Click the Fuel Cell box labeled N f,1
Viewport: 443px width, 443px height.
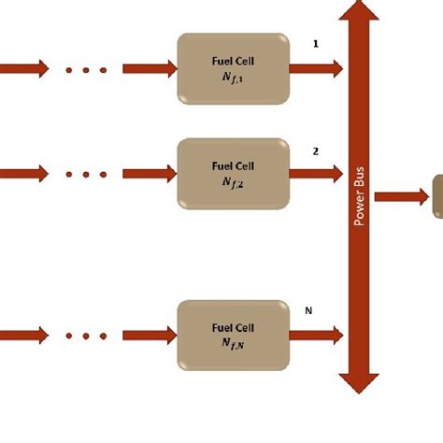click(234, 68)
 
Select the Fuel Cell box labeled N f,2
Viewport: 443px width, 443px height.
click(234, 174)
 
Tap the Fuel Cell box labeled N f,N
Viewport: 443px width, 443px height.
click(234, 336)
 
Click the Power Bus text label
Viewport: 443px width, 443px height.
click(359, 196)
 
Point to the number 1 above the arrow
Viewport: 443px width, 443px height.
click(316, 44)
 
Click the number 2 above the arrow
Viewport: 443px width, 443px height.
click(316, 151)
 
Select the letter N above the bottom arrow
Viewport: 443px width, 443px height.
click(308, 310)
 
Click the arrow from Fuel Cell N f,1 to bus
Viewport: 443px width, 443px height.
click(316, 68)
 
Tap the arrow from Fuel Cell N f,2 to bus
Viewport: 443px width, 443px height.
click(316, 174)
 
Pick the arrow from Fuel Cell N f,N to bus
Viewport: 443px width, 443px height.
click(316, 336)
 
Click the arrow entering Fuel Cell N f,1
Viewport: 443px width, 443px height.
click(150, 68)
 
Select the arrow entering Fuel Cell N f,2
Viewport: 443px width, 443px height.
click(150, 174)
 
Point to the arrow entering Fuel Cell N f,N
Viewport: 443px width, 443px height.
click(150, 336)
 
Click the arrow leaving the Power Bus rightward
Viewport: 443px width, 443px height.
click(402, 197)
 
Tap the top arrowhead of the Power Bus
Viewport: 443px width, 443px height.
click(359, 10)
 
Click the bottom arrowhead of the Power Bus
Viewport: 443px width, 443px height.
click(359, 384)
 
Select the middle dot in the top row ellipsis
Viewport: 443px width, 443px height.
click(86, 70)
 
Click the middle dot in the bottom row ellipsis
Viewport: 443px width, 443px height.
click(86, 336)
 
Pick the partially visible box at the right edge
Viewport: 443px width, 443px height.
click(438, 196)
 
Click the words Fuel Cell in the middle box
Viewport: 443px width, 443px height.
click(233, 166)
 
